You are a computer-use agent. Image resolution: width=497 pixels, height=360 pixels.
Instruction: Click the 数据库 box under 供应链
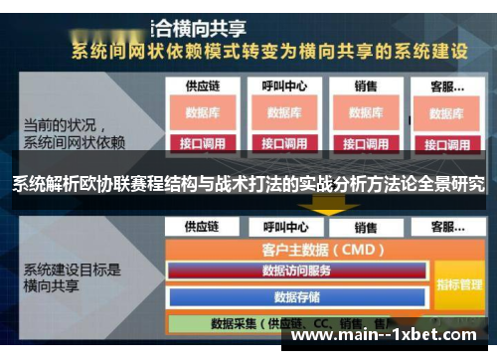(x=202, y=112)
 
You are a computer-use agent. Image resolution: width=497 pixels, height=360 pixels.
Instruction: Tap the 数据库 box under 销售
(x=366, y=112)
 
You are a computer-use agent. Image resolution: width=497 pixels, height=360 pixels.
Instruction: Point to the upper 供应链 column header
(x=202, y=87)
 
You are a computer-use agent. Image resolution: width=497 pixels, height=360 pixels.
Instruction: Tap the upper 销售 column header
(x=366, y=87)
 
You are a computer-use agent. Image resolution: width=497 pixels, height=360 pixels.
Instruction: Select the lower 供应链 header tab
(x=202, y=227)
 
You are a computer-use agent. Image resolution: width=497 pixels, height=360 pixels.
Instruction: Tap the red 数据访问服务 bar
(x=297, y=270)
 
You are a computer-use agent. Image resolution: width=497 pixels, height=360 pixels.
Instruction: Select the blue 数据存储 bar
(x=297, y=295)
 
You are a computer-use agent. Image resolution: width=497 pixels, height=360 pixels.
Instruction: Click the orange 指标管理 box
(x=458, y=284)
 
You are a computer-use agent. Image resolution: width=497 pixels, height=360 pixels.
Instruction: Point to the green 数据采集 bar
(x=298, y=323)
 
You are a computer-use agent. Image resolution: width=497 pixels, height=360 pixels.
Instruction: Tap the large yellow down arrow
(x=324, y=205)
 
